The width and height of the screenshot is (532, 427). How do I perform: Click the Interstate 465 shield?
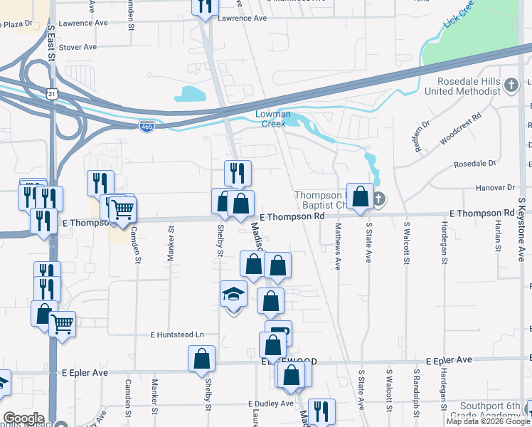point(147,126)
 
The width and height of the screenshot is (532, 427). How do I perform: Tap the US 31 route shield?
point(51,94)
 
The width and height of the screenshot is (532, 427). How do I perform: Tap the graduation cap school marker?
point(233,296)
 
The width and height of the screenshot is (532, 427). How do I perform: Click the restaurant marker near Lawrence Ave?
point(203,7)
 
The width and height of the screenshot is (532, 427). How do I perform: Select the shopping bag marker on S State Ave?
point(361,197)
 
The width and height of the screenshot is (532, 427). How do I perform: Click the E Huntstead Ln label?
point(176,334)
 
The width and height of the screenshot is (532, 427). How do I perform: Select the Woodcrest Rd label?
point(460,128)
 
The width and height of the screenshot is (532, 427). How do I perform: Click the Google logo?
point(23,418)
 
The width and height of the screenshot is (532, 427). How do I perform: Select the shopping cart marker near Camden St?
point(123,209)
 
